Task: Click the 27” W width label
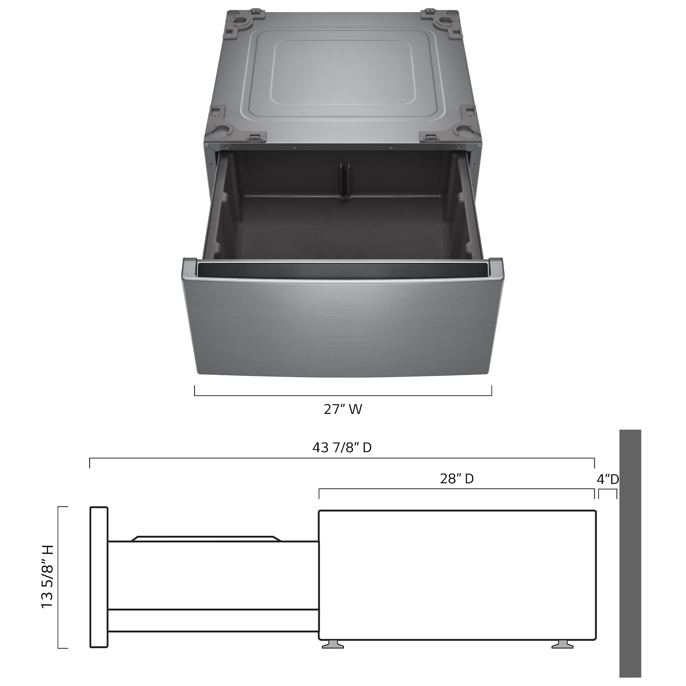pos(343,410)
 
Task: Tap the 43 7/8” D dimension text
pos(342,448)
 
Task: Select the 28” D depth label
pos(457,479)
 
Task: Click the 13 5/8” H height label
pos(47,577)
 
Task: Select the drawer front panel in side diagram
pos(99,577)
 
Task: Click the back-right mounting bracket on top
pos(443,23)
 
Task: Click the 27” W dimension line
pos(343,395)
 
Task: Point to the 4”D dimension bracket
pos(607,490)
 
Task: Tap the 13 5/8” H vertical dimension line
pos(58,577)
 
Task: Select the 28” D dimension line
pos(457,489)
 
